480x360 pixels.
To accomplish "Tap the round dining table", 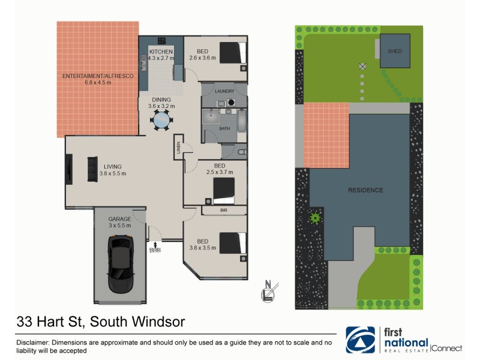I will pyautogui.click(x=161, y=121).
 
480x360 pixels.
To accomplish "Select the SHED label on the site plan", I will pyautogui.click(x=394, y=52).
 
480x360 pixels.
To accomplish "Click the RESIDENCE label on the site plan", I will pyautogui.click(x=365, y=190).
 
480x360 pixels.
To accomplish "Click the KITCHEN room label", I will pyautogui.click(x=161, y=52).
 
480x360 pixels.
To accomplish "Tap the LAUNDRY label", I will pyautogui.click(x=224, y=91).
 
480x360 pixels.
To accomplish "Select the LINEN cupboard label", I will pyautogui.click(x=178, y=148).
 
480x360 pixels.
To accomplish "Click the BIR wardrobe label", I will pyautogui.click(x=223, y=211).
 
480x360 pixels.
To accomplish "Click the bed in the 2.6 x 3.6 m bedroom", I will pyautogui.click(x=232, y=52).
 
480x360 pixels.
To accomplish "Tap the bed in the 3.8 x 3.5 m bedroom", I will pyautogui.click(x=232, y=243).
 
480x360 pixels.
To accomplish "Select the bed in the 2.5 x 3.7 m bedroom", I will pyautogui.click(x=224, y=191).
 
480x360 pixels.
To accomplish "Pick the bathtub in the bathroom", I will pyautogui.click(x=241, y=121).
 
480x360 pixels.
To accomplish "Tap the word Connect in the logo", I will pyautogui.click(x=447, y=348).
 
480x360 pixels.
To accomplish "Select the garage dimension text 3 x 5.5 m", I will pyautogui.click(x=119, y=226).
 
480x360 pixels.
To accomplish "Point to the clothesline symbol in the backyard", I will pyautogui.click(x=362, y=66).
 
